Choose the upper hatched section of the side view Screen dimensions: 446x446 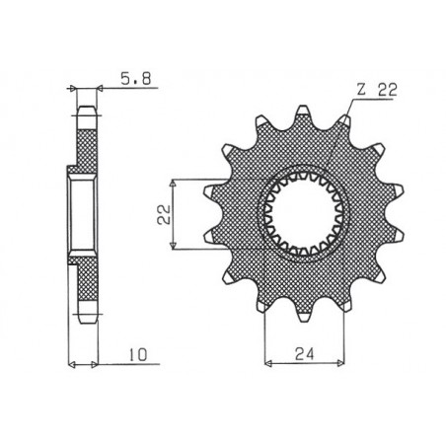tap(86, 139)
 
